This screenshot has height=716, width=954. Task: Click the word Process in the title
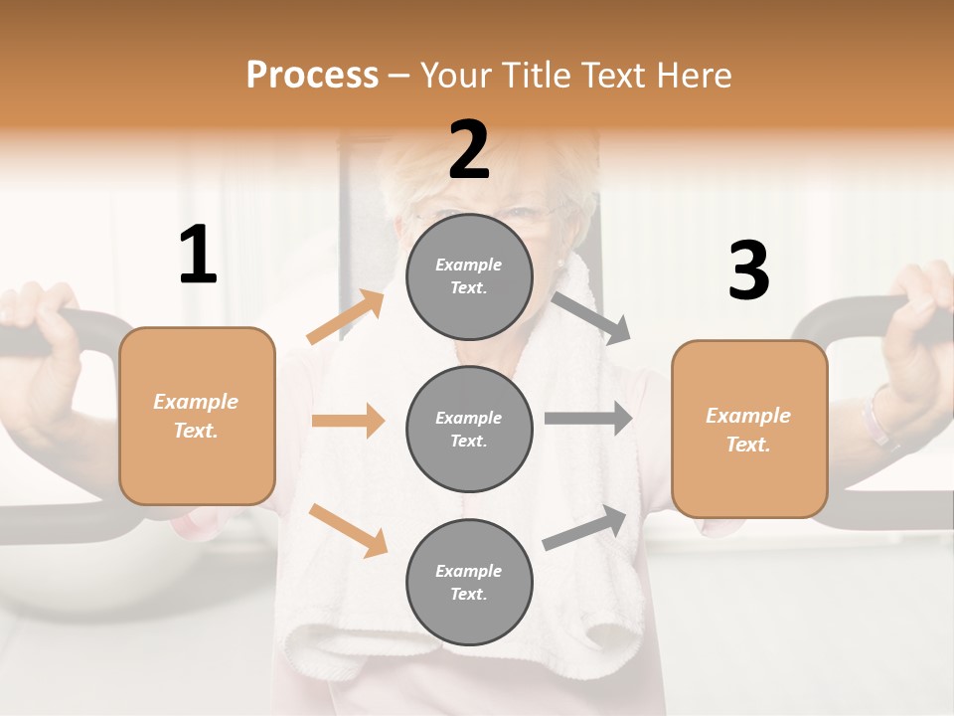[x=312, y=76]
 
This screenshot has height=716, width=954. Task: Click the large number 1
[x=198, y=255]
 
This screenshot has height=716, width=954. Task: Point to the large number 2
[x=469, y=150]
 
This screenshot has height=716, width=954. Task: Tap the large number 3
[x=748, y=270]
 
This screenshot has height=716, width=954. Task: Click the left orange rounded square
[x=197, y=416]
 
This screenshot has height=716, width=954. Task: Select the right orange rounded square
[x=749, y=429]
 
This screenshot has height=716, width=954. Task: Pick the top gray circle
[x=469, y=276]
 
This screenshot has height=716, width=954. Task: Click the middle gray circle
[x=469, y=429]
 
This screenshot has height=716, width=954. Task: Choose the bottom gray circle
[x=469, y=582]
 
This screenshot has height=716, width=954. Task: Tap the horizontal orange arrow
[x=348, y=421]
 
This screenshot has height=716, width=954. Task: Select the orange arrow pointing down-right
[x=348, y=529]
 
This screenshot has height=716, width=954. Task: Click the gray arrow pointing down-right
[x=591, y=317]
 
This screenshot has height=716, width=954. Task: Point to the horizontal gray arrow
[x=587, y=419]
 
